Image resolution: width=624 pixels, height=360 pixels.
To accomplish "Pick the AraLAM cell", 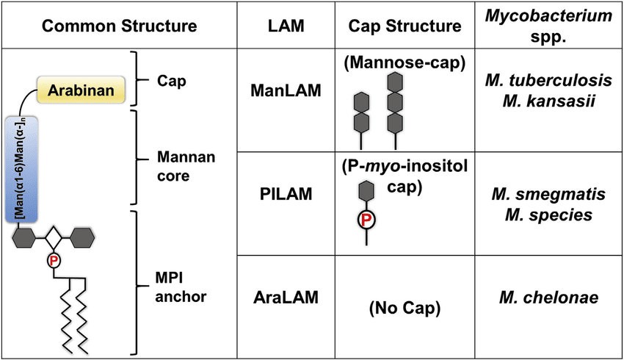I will [278, 298].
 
